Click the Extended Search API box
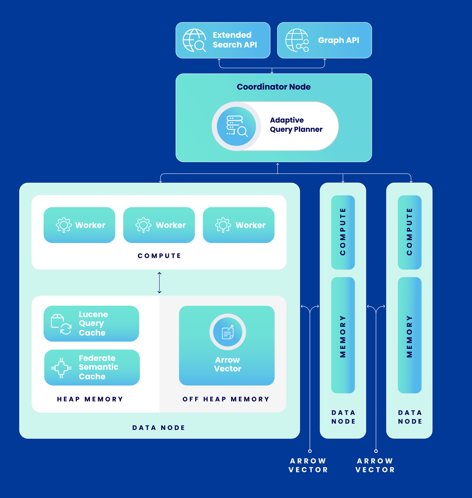[x=223, y=40]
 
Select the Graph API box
[x=324, y=40]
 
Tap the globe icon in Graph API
[x=297, y=40]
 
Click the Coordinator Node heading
[x=273, y=87]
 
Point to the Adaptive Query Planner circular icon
[x=236, y=126]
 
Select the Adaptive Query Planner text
[x=296, y=125]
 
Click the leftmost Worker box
[x=79, y=225]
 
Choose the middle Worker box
[x=159, y=225]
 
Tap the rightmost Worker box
[x=238, y=225]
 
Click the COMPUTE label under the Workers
[x=159, y=256]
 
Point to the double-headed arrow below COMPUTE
[x=159, y=283]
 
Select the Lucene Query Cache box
[x=91, y=324]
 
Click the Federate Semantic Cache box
[x=92, y=367]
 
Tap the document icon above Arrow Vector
[x=228, y=332]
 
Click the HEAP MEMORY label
[x=90, y=399]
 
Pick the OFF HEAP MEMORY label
[x=226, y=399]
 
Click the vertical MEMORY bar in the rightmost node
[x=409, y=335]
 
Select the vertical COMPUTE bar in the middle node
[x=343, y=232]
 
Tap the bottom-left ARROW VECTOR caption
[x=309, y=465]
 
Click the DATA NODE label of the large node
[x=159, y=427]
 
